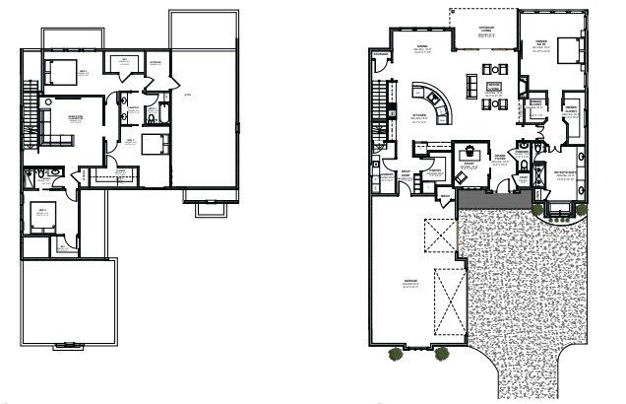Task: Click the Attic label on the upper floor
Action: (188, 95)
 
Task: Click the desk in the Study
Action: (469, 153)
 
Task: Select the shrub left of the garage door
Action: (395, 352)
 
